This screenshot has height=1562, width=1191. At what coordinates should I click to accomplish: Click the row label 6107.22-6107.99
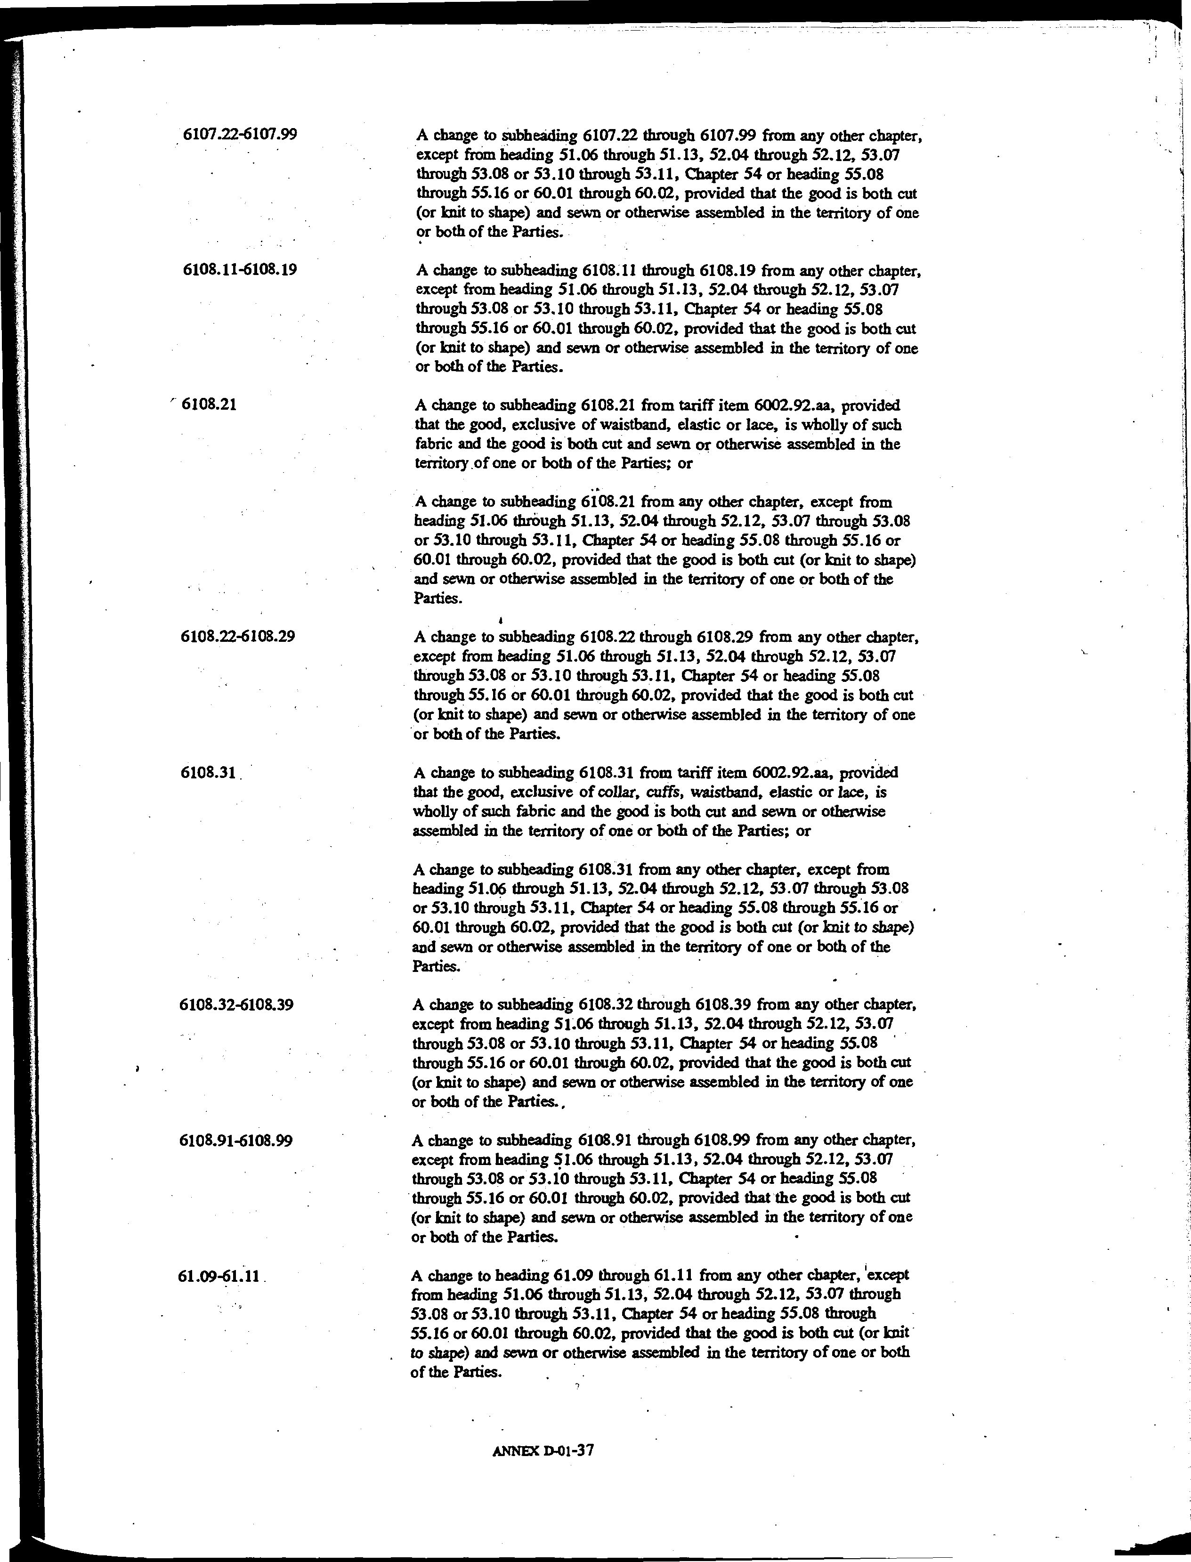tap(240, 133)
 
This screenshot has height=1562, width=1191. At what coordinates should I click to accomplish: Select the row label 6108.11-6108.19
tap(240, 269)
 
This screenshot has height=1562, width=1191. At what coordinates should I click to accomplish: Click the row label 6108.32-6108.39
tap(237, 1004)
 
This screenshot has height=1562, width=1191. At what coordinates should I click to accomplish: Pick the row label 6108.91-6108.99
tap(237, 1141)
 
